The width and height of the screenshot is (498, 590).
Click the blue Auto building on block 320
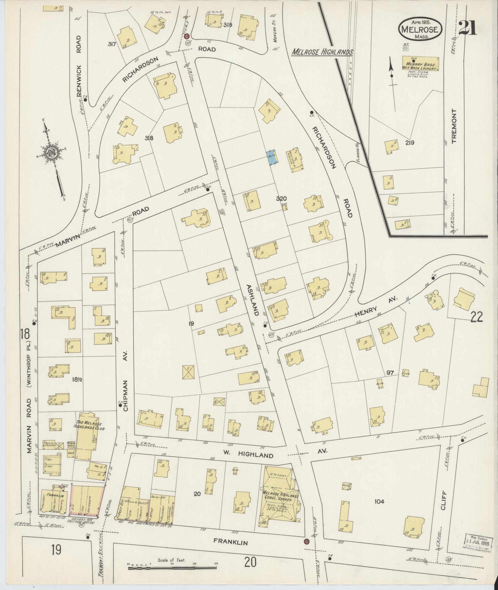pyautogui.click(x=272, y=157)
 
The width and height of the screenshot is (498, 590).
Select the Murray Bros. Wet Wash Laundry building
pyautogui.click(x=421, y=64)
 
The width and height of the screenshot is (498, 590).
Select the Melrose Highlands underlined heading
pyautogui.click(x=322, y=52)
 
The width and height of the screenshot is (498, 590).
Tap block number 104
pyautogui.click(x=379, y=501)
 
